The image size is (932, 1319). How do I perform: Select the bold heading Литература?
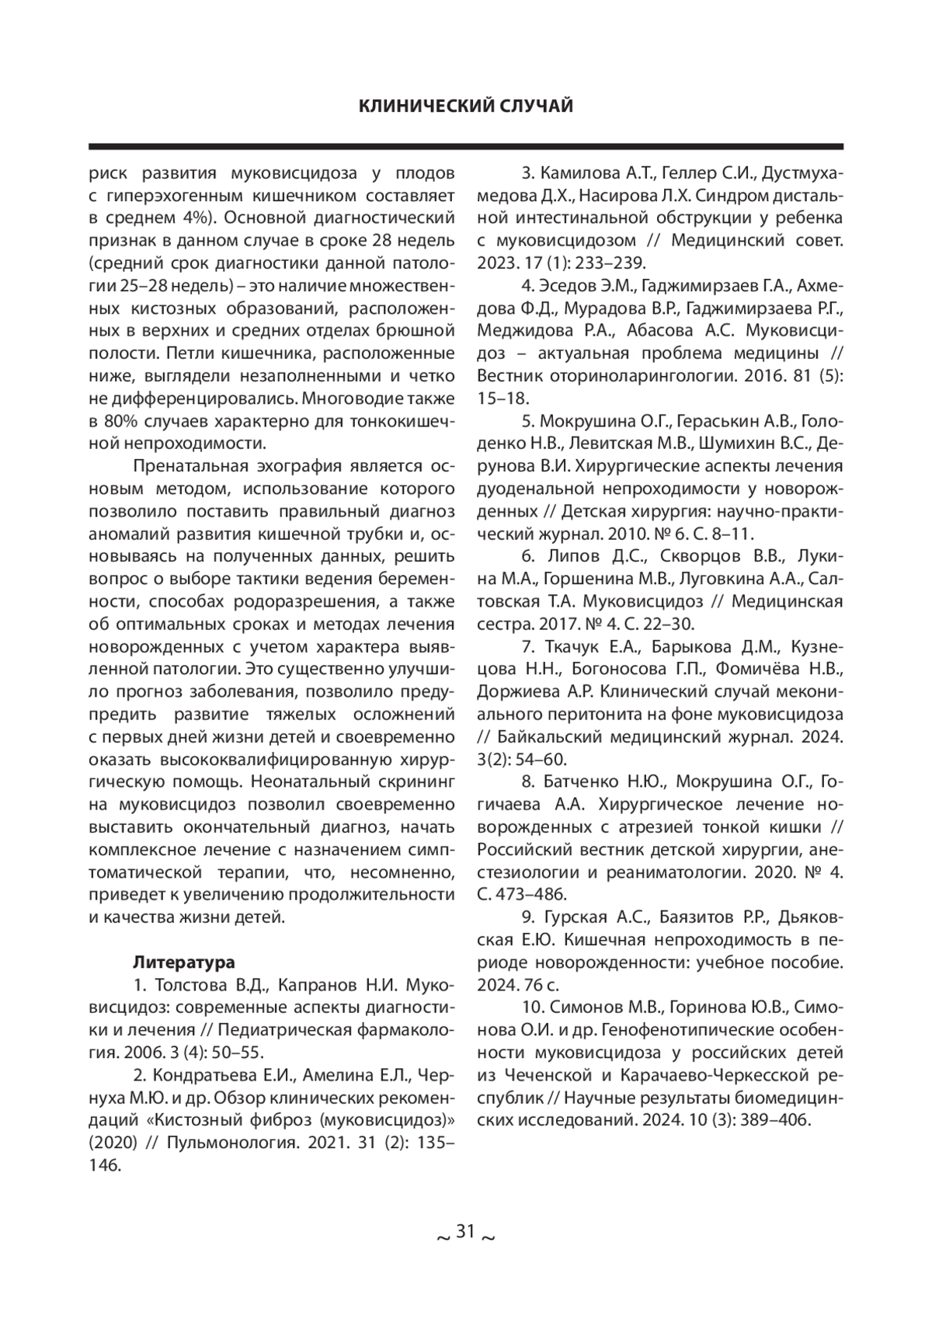click(x=184, y=962)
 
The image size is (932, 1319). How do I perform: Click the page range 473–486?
click(x=530, y=893)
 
